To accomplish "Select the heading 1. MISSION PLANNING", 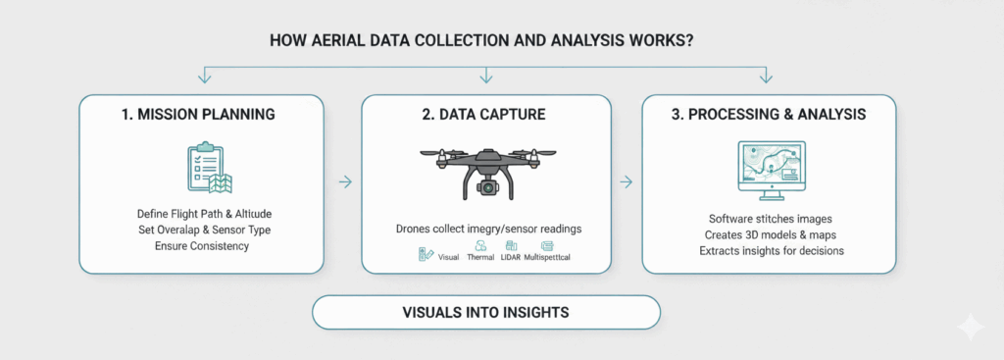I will click(201, 114).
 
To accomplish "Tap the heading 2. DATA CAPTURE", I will click(485, 114).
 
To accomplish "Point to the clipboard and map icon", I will click(207, 168).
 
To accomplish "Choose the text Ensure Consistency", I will click(201, 245).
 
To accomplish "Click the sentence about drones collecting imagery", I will click(486, 229).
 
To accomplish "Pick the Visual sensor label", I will click(448, 256).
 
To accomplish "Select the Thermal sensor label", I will click(481, 256).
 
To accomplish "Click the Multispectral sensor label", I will click(551, 256).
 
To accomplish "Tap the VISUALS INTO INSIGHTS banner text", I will click(485, 313).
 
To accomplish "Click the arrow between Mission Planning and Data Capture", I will click(343, 181).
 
